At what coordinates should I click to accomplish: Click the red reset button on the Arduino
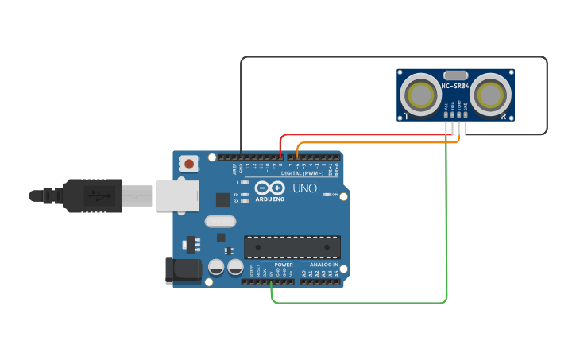coord(189,164)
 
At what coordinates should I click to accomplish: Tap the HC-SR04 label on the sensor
coord(455,86)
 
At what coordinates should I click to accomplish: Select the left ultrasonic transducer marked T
coord(418,95)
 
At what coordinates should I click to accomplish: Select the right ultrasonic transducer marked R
coord(490,95)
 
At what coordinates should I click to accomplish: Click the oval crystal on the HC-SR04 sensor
coord(455,74)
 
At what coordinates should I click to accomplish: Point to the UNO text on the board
coord(304,189)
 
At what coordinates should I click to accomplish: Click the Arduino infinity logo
coord(270,188)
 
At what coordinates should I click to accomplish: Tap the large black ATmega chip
coord(292,247)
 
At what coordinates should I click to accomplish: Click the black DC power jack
coord(183,271)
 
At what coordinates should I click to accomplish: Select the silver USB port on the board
coord(176,195)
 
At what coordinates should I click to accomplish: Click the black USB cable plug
coord(95,195)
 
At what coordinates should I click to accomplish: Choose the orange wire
coord(373,143)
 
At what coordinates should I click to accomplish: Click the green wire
coord(358,303)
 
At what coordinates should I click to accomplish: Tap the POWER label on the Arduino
coord(284,264)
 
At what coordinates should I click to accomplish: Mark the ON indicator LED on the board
coord(326,195)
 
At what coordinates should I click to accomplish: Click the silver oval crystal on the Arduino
coord(221,222)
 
